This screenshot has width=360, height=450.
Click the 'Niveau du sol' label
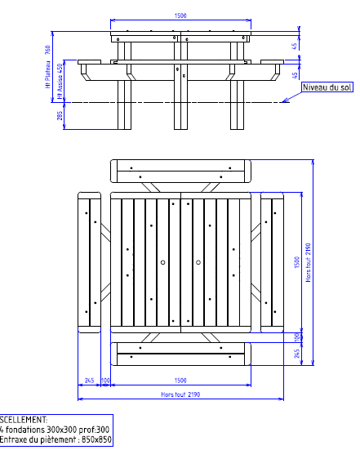[x=327, y=87]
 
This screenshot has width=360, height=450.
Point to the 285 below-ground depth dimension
[x=60, y=117]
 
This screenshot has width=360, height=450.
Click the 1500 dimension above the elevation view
[x=180, y=16]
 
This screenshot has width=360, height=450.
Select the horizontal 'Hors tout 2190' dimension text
[x=180, y=394]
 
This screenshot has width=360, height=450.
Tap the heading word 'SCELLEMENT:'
[x=24, y=419]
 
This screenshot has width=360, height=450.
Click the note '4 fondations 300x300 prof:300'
[x=54, y=430]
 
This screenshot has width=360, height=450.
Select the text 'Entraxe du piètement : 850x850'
[x=56, y=440]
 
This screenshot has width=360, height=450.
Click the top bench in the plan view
[x=180, y=172]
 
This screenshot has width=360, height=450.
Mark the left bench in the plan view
[x=88, y=262]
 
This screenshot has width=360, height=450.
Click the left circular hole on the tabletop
[x=163, y=262]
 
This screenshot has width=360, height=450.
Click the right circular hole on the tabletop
[x=198, y=262]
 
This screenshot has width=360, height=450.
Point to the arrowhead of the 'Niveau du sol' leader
[x=282, y=101]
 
